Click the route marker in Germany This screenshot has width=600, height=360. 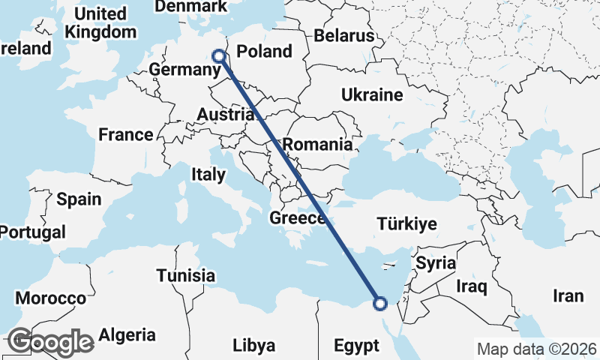point(219,55)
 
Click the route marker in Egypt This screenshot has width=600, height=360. point(380,304)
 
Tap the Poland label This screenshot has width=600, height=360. point(264,52)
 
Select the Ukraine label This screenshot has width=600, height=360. point(372,95)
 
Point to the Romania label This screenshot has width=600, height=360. point(318,144)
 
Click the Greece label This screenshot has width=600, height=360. point(298,219)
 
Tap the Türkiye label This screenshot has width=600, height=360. point(407,224)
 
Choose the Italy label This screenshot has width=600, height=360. point(208,175)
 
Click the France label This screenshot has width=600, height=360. point(126,135)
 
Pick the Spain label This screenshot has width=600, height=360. point(79,199)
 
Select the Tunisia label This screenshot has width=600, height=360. point(185,275)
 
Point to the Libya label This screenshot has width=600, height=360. point(253,346)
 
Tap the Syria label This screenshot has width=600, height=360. point(436,263)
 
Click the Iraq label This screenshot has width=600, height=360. point(472,286)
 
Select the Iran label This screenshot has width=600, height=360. point(568,296)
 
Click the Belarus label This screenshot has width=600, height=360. point(344,36)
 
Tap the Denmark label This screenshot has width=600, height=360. point(190,7)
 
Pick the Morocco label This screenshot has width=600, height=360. point(51,298)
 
